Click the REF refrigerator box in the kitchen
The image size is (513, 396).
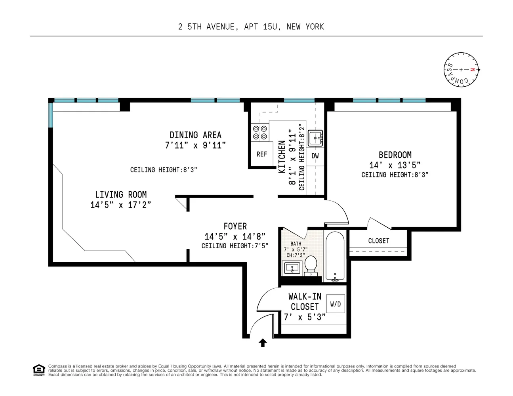click(262, 154)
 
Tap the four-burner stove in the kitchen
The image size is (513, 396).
click(260, 133)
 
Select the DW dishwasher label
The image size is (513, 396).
click(315, 156)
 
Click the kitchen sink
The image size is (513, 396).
click(316, 138)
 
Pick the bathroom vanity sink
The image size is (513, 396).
click(292, 268)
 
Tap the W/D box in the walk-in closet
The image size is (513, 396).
click(335, 304)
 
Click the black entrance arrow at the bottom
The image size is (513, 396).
click(263, 343)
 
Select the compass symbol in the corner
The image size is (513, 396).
click(461, 70)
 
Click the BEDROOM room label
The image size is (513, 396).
click(395, 155)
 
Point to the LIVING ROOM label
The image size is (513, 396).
click(121, 194)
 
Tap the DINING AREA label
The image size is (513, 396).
click(195, 135)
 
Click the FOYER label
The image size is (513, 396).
click(235, 226)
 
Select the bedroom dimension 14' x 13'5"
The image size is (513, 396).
click(395, 165)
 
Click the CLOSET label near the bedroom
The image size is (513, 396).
click(378, 241)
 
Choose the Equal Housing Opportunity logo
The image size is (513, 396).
click(38, 370)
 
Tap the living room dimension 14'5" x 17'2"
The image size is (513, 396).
click(120, 205)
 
